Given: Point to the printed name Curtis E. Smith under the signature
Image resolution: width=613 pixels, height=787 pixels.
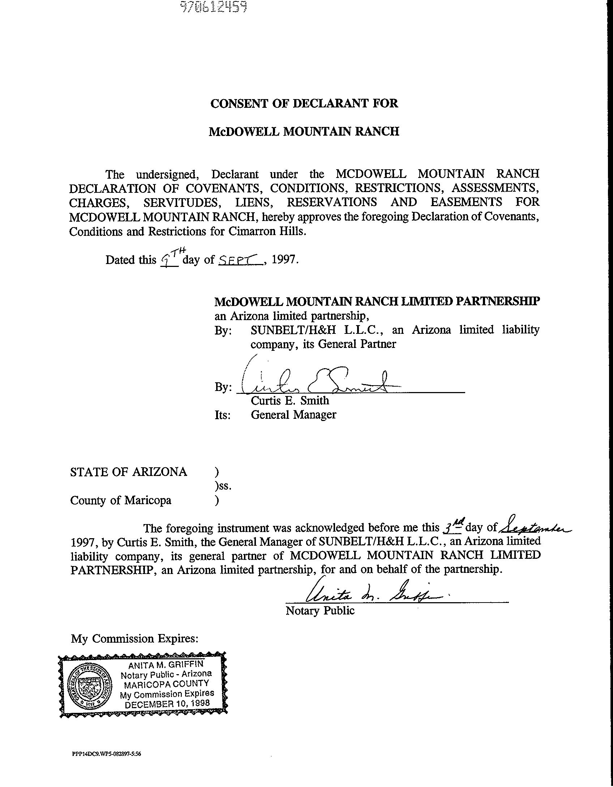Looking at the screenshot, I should coord(290,401).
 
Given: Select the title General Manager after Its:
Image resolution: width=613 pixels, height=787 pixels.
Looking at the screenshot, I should coord(293,415).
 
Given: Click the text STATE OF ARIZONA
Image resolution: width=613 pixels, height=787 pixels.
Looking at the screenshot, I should coord(128,472).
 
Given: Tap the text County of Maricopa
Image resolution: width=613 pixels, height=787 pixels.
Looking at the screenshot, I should coord(121,501).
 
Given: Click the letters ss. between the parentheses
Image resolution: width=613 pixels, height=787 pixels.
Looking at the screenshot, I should coord(223,486).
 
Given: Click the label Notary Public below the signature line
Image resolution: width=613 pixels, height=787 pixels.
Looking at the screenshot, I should coord(320,611).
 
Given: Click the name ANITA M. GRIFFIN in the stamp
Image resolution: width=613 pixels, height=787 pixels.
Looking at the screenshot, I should coord(166,665).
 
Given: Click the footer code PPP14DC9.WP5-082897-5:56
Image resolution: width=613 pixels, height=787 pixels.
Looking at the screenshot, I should coord(106,754).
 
